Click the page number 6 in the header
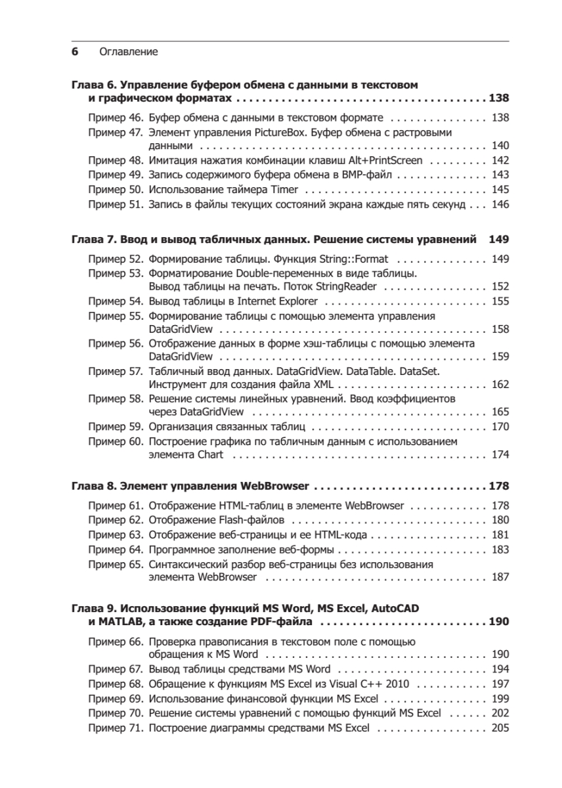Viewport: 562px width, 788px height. [x=75, y=51]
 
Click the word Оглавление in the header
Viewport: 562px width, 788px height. [x=128, y=51]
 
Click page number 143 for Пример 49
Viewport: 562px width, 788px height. [x=500, y=174]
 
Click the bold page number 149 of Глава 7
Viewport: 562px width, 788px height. [x=500, y=240]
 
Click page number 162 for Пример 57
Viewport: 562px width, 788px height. [x=500, y=384]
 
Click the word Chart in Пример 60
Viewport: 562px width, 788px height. [x=210, y=454]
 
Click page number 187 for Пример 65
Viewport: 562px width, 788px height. [x=500, y=577]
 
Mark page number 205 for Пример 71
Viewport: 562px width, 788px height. [x=500, y=728]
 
